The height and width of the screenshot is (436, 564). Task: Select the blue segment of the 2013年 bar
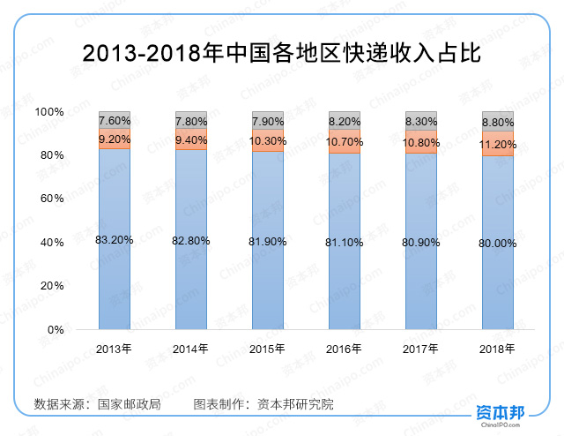[115, 282]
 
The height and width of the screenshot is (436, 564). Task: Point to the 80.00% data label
[498, 243]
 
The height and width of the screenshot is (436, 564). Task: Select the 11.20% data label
[498, 143]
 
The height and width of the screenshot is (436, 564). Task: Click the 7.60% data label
[115, 120]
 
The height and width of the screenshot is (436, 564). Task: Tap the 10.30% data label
[268, 140]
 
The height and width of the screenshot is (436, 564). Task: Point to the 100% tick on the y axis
[49, 112]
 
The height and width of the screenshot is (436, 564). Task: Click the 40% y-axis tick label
[53, 243]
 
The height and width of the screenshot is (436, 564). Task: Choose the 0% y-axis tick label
[56, 330]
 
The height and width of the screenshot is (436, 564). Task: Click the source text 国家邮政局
[130, 404]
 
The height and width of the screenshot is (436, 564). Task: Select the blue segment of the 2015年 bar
[268, 282]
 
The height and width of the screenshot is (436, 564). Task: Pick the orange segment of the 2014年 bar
[191, 139]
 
